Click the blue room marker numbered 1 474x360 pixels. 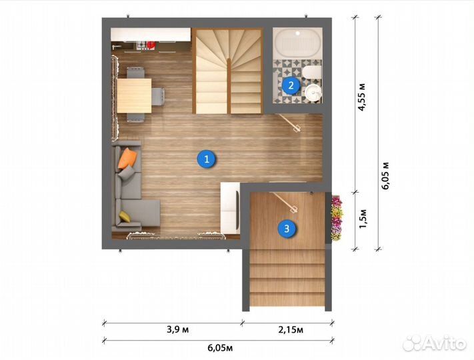click(207, 159)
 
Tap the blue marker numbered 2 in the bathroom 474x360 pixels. click(290, 85)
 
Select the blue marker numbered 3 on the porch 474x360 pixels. click(287, 229)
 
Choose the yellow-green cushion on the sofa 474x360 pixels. click(125, 216)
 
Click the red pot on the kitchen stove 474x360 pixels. click(150, 45)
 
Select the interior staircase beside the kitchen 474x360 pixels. click(229, 73)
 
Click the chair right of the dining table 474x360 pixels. click(159, 97)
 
